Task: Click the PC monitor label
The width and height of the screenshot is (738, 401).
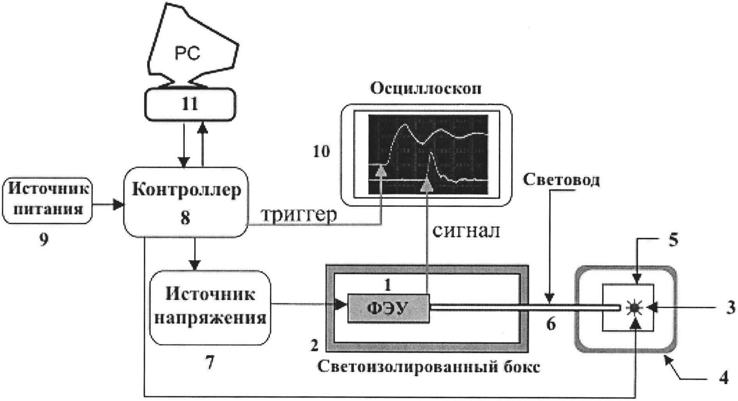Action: tap(187, 54)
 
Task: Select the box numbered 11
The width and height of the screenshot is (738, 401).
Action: tap(190, 104)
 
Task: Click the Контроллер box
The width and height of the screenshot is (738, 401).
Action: tap(186, 202)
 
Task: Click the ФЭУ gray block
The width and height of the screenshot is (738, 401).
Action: tap(388, 309)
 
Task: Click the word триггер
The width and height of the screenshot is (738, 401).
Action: tap(298, 216)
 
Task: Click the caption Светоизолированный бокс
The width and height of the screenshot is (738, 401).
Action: tap(429, 367)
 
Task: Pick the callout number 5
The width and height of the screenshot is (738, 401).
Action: tap(674, 240)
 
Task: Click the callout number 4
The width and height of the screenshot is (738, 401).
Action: tap(723, 378)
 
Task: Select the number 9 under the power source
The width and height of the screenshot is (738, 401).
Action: tap(44, 240)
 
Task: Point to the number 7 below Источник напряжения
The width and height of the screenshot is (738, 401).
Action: tap(209, 364)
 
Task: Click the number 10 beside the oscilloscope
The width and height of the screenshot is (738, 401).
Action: tap(321, 152)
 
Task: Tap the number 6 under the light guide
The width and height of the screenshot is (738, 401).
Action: tap(550, 324)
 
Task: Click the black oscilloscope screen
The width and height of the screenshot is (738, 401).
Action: tap(428, 154)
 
